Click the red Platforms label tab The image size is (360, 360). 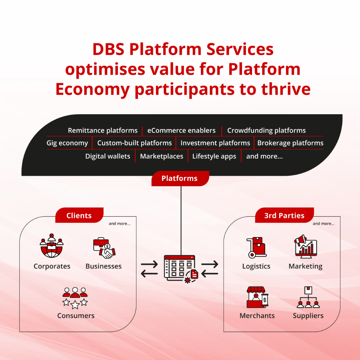180,178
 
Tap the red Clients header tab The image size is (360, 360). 79,215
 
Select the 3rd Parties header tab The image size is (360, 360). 284,215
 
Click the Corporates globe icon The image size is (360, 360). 51,246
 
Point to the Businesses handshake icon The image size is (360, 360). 104,248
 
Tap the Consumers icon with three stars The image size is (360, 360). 75,298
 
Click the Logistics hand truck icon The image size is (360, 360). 256,247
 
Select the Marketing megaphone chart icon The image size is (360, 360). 306,246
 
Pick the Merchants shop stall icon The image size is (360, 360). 257,297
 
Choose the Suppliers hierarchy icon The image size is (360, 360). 308,297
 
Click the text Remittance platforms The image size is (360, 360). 103,130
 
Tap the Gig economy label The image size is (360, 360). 67,143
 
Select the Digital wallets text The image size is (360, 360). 108,156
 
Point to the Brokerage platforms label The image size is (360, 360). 290,143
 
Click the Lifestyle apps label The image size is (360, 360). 214,156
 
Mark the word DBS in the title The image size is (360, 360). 108,49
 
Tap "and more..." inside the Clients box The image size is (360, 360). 120,223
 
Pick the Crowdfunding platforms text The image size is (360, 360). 266,130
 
